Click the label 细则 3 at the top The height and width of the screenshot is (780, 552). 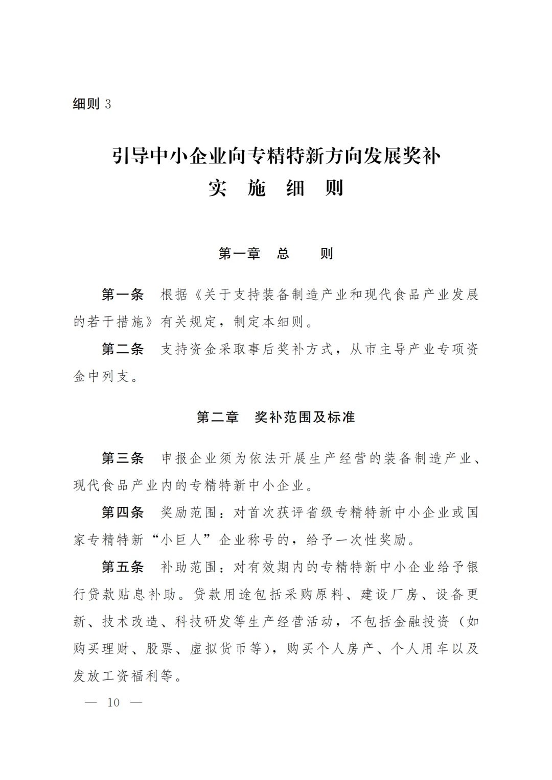pos(92,104)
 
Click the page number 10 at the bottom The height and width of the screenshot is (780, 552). pos(113,702)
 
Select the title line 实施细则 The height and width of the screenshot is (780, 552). pos(276,188)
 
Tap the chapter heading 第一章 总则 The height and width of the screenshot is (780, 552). pos(276,254)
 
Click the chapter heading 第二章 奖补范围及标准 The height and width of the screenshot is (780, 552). pos(276,418)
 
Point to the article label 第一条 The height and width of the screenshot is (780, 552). pos(123,295)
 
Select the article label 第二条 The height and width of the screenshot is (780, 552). pos(123,350)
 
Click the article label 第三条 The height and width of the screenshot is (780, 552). pos(123,458)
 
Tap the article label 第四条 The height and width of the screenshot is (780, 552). pos(123,513)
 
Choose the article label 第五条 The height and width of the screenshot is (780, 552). pos(123,567)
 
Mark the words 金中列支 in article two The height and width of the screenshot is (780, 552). pos(102,377)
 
